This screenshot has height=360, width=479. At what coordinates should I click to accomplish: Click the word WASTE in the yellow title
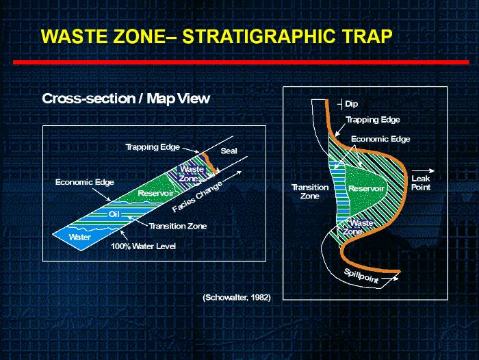[x=74, y=36]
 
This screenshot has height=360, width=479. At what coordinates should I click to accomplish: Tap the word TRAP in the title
[x=367, y=36]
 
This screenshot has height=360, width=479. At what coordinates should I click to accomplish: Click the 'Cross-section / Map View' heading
[x=126, y=99]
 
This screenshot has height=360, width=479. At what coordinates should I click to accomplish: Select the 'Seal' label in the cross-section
[x=229, y=151]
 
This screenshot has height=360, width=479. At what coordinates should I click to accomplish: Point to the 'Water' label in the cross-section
[x=80, y=237]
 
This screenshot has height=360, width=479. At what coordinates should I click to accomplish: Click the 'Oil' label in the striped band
[x=114, y=214]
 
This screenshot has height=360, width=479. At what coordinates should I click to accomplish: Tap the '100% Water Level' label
[x=143, y=246]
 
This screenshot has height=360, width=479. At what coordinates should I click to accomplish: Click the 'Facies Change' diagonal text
[x=197, y=197]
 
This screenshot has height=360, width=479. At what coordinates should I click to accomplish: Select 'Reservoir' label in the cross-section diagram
[x=155, y=193]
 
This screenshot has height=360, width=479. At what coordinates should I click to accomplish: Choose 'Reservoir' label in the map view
[x=366, y=189]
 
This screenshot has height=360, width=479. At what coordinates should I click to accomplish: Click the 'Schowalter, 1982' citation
[x=237, y=297]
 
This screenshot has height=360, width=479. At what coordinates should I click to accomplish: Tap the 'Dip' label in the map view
[x=351, y=104]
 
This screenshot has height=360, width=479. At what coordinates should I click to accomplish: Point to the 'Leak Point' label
[x=421, y=183]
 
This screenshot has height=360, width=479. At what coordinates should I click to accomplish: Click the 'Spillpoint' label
[x=361, y=275]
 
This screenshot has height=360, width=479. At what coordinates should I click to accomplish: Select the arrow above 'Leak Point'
[x=423, y=170]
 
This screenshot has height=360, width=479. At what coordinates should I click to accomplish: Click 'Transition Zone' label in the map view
[x=310, y=192]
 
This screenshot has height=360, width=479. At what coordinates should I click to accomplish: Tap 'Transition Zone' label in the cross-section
[x=178, y=226]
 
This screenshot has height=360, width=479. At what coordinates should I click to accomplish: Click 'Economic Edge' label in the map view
[x=380, y=139]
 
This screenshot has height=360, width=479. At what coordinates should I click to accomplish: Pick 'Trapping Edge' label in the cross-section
[x=153, y=147]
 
